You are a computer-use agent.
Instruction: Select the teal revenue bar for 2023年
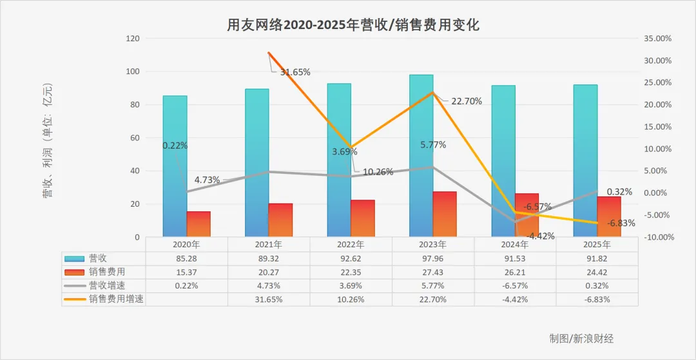[421, 155]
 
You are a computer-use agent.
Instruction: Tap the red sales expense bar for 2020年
[198, 223]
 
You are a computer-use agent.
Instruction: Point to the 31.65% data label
[295, 72]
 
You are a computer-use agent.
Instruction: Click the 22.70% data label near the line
[467, 100]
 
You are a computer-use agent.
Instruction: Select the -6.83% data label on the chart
[621, 223]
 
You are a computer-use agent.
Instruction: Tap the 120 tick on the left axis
[133, 39]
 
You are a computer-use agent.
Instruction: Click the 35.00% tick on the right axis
[657, 39]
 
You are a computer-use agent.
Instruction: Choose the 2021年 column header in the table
[269, 245]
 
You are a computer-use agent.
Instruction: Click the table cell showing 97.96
[433, 258]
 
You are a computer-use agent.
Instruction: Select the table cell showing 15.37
[186, 272]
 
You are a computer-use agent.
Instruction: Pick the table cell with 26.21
[515, 272]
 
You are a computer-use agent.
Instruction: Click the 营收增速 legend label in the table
[108, 285]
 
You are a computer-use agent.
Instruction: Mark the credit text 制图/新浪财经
[581, 338]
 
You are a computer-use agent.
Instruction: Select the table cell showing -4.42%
[515, 299]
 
